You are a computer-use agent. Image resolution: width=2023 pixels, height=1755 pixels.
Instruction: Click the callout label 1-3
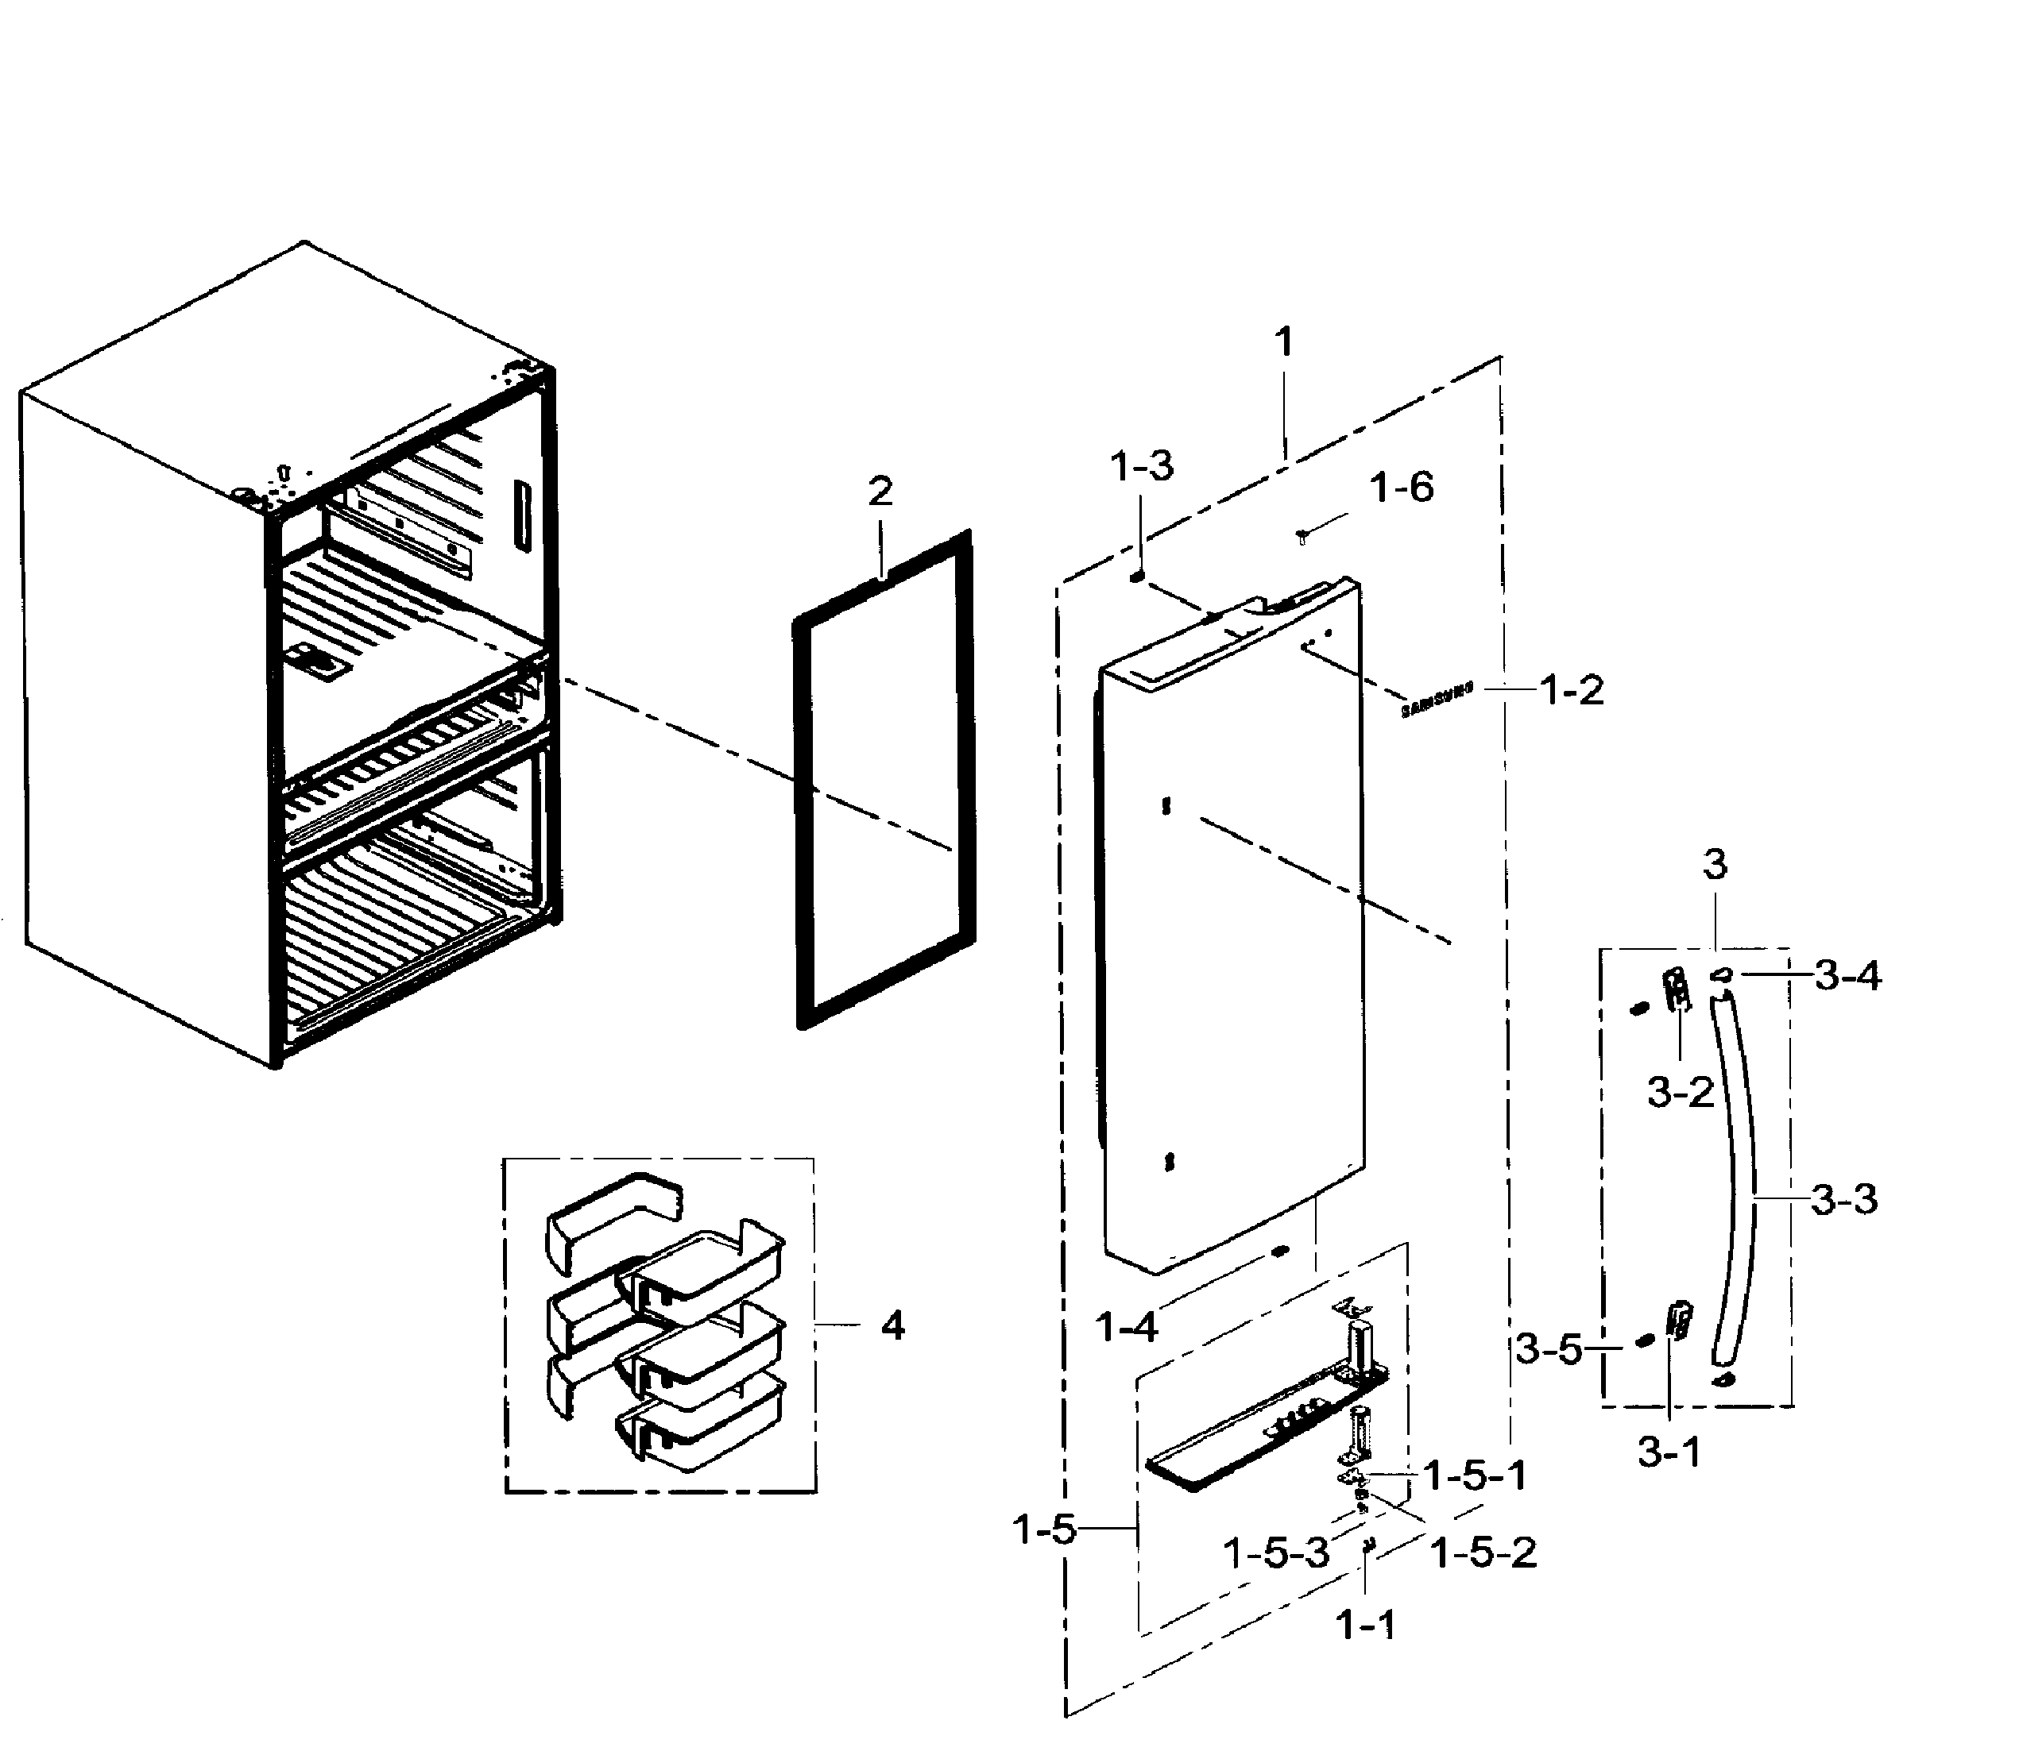[1141, 466]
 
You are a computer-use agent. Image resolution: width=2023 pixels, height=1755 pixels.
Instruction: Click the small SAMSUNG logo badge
[1437, 700]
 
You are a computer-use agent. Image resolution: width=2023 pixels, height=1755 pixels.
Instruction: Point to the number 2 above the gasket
[880, 491]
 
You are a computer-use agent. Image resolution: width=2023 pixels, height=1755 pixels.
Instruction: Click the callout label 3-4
[1847, 974]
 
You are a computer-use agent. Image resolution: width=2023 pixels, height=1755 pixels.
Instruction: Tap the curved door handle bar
[1739, 1175]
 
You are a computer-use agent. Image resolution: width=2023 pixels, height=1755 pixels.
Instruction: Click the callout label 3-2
[1680, 1091]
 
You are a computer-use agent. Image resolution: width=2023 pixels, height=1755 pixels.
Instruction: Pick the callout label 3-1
[1669, 1452]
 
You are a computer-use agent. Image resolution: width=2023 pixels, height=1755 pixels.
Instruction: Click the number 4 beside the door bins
[892, 1326]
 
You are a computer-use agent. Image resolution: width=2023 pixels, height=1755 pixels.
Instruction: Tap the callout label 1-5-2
[1484, 1552]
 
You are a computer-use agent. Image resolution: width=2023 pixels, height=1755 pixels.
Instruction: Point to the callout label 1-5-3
[1277, 1552]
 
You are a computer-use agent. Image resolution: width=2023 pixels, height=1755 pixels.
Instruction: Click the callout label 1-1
[1366, 1626]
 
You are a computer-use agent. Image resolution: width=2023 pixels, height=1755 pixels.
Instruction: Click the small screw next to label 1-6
[1302, 536]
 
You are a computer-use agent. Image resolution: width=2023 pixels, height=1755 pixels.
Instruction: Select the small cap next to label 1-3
[1137, 578]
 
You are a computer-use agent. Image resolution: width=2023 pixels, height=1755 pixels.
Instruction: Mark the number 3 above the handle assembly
[1715, 864]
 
